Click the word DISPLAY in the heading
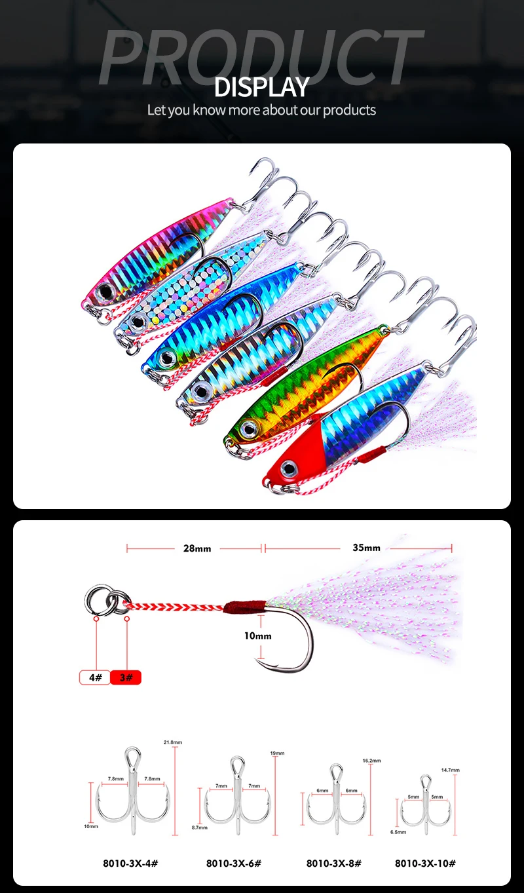pyautogui.click(x=261, y=87)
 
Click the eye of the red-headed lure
pyautogui.click(x=288, y=468)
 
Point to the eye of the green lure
pyautogui.click(x=248, y=429)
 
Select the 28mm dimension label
pyautogui.click(x=197, y=548)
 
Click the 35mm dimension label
pyautogui.click(x=366, y=548)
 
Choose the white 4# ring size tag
pyautogui.click(x=94, y=677)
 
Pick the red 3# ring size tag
pyautogui.click(x=126, y=677)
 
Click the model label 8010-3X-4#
pyautogui.click(x=130, y=863)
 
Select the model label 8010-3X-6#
pyautogui.click(x=234, y=863)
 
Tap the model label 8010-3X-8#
pyautogui.click(x=333, y=863)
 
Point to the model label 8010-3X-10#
pyautogui.click(x=425, y=863)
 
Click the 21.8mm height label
pyautogui.click(x=173, y=742)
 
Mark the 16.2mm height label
pyautogui.click(x=371, y=761)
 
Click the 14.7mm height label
pyautogui.click(x=451, y=770)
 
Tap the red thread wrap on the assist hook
pyautogui.click(x=244, y=606)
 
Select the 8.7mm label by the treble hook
pyautogui.click(x=198, y=827)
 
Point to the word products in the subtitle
pyautogui.click(x=349, y=109)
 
